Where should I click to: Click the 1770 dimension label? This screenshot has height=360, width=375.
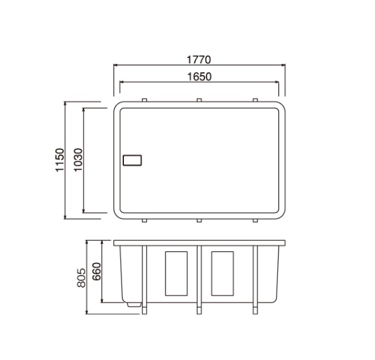(199, 60)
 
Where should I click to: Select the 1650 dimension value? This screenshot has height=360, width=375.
(199, 77)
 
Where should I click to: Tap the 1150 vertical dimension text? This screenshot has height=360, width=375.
(60, 160)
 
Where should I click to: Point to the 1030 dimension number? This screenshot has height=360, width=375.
(78, 160)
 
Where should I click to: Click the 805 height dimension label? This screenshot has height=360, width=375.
(81, 278)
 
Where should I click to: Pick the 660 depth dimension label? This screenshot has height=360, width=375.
(96, 271)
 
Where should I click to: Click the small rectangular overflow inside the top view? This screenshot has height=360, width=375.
(132, 160)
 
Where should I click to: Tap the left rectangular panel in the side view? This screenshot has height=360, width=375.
(176, 274)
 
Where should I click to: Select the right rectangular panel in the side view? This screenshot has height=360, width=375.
(222, 274)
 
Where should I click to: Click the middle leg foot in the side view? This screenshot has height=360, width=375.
(199, 310)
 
